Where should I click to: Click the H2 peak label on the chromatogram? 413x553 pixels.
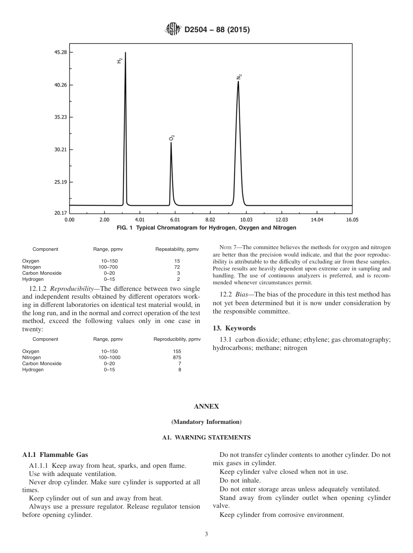pos(120,61)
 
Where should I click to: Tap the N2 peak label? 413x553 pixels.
pos(239,77)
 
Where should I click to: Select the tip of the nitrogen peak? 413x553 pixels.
pos(238,82)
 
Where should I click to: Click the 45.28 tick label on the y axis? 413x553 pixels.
pos(60,52)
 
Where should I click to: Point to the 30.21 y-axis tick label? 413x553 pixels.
pos(60,150)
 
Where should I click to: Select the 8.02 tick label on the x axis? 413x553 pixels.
pos(210,220)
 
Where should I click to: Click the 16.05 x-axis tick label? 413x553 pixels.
pos(352,220)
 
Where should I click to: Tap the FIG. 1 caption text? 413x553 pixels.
pos(206,228)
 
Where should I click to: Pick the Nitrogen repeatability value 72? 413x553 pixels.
pos(177,267)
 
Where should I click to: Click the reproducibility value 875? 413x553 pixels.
pos(177,357)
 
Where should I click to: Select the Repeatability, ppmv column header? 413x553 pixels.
pos(177,249)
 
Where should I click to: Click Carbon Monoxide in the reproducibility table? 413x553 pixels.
pos(42,363)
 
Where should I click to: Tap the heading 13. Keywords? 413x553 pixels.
pos(234,328)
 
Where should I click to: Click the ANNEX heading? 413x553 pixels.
pos(206,406)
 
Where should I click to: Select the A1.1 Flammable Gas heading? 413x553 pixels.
pos(55,455)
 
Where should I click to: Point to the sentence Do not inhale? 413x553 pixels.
pos(240,480)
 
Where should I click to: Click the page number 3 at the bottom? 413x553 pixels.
pos(206,534)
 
